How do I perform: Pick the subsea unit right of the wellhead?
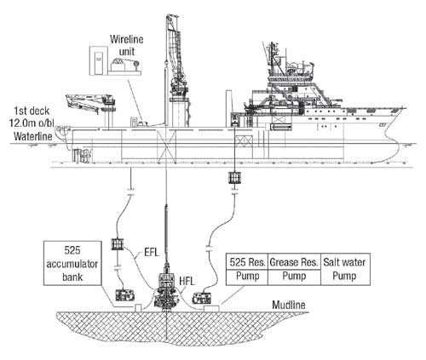click(x=203, y=298)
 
